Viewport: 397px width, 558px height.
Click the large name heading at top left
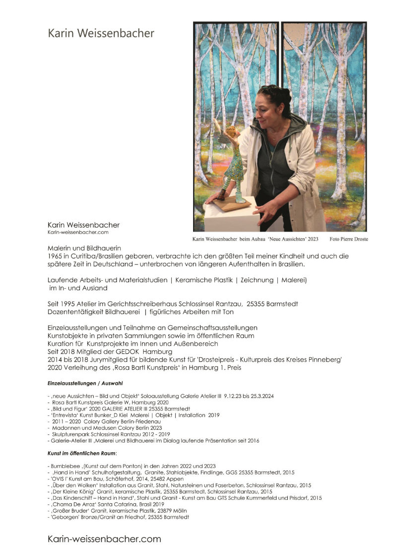(x=101, y=34)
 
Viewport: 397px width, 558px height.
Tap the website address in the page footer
(x=104, y=539)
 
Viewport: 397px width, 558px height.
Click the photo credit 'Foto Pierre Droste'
(x=348, y=239)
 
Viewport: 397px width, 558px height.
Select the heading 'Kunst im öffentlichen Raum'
(x=81, y=454)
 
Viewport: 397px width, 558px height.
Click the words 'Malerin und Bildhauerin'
(x=84, y=247)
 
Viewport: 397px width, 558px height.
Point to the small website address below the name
(x=78, y=232)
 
